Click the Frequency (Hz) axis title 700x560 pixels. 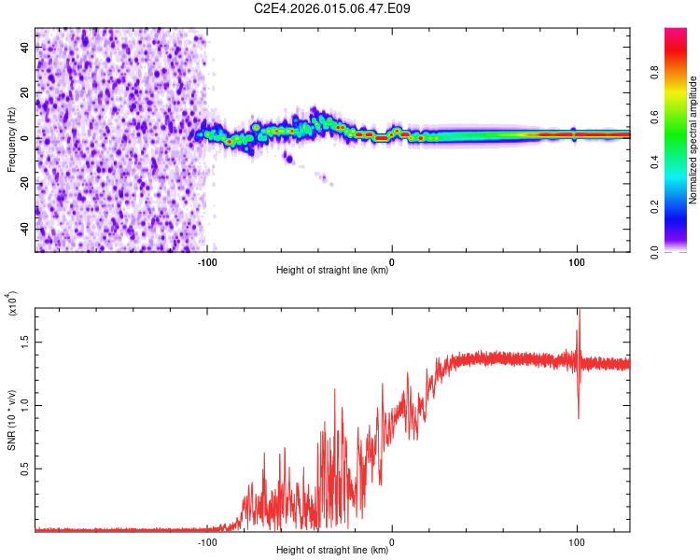[11, 139]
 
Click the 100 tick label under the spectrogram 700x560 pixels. [577, 261]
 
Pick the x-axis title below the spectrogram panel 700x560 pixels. [332, 271]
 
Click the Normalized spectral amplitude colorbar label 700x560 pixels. [693, 140]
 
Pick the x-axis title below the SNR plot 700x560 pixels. [332, 551]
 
